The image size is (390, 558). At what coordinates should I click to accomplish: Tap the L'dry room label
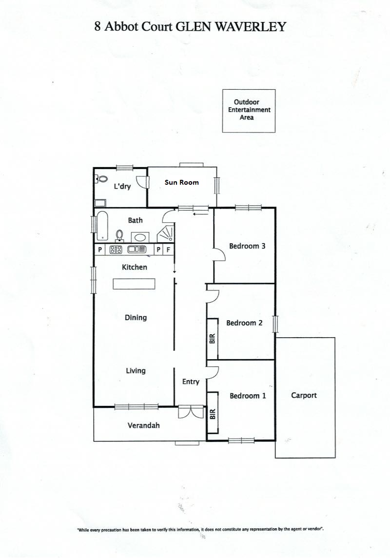coord(122,186)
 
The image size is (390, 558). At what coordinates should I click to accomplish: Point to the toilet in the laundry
coord(102,179)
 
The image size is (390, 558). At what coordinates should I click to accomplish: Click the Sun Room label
coord(181,182)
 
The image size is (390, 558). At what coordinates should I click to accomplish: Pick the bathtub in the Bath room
coord(102,226)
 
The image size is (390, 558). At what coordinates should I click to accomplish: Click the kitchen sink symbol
coord(137,250)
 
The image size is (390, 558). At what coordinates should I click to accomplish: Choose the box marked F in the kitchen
coord(168,250)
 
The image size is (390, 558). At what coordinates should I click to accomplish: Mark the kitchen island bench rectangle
coord(134,284)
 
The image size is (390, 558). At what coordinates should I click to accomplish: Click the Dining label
coord(136,317)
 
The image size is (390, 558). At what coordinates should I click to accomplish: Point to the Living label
coord(136,371)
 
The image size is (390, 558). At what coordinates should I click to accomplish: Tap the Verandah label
coord(143,425)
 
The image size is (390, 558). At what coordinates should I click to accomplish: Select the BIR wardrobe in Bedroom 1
coord(213,413)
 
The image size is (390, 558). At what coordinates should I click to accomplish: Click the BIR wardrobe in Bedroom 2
coord(213,338)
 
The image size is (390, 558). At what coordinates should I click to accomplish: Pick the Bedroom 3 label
coord(247,246)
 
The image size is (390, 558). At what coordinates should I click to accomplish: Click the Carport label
coord(304,395)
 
